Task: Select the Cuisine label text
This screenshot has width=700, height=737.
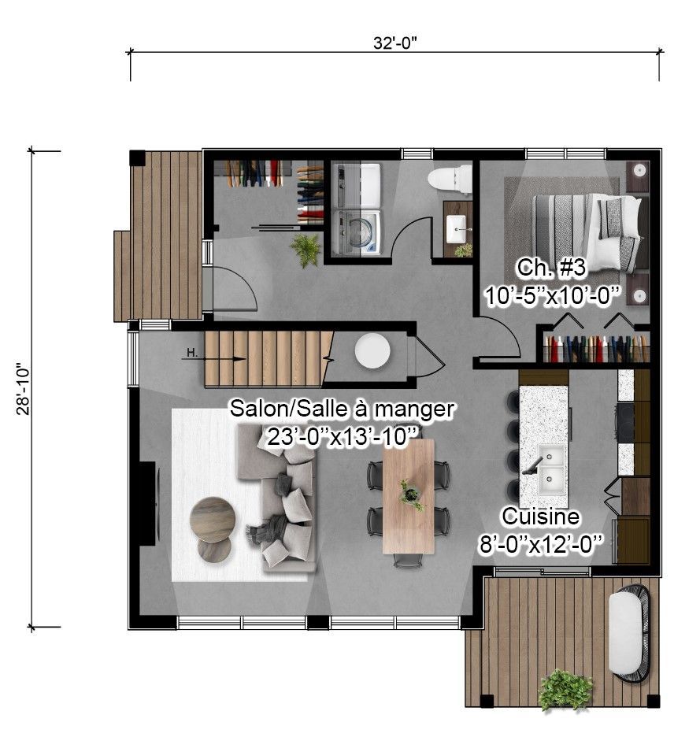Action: (541, 517)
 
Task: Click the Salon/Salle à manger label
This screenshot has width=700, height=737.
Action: (342, 409)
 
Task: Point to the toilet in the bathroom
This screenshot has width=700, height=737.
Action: (449, 180)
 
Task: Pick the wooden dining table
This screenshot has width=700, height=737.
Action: (409, 495)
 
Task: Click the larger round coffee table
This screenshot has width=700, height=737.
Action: (213, 519)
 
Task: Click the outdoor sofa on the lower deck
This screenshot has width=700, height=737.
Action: (630, 632)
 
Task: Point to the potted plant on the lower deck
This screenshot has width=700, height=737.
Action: (565, 690)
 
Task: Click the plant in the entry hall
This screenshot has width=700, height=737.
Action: (306, 250)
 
